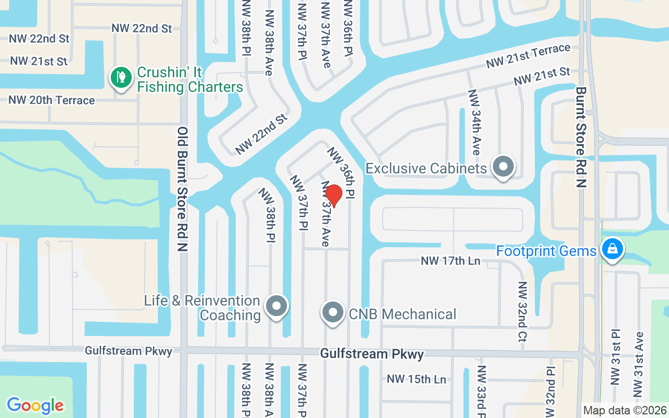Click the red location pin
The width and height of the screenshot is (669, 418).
pos(333,195)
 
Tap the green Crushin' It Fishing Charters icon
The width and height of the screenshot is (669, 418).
pos(121,77)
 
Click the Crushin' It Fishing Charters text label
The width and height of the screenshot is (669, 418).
pos(190,79)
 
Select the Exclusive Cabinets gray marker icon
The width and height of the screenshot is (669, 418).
pos(504,167)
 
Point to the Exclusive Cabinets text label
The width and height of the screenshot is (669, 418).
pos(426,168)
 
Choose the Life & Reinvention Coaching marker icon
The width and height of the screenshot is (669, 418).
pos(277,306)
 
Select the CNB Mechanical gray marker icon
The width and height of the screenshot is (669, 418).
pos(332,312)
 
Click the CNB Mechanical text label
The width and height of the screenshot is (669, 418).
pos(402,314)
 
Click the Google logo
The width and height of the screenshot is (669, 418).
pos(36,405)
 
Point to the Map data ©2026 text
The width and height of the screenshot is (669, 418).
pos(625,410)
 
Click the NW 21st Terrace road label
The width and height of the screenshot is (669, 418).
pos(528,56)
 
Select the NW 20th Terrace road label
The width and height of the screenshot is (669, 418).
pos(52,100)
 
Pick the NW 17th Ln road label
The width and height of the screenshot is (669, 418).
pos(451,261)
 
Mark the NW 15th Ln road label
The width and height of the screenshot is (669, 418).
pos(417,379)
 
